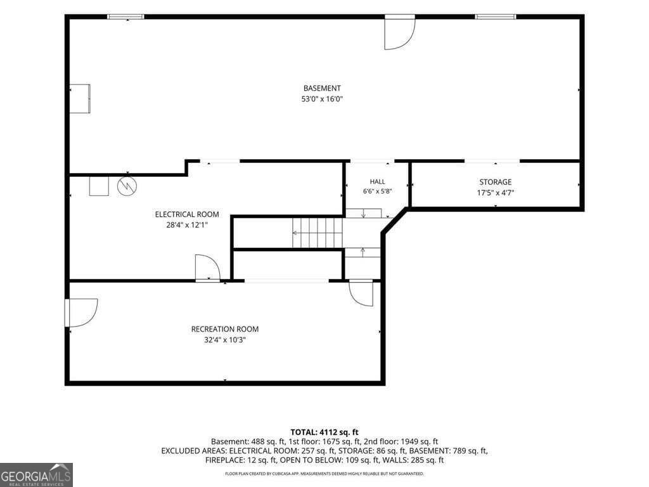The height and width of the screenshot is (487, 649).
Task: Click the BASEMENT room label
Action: coord(322,88)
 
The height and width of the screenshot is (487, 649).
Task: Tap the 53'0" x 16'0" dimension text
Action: coord(322,99)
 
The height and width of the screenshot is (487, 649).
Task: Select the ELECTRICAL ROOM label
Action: coord(187,214)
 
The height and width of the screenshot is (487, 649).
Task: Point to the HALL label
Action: coord(378,181)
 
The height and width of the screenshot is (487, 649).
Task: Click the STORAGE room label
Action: coord(496,182)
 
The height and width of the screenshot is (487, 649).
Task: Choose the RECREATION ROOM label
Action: coord(225,329)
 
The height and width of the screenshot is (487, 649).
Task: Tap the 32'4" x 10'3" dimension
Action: coord(225,340)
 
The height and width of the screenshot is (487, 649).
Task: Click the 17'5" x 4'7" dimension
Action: coord(496,193)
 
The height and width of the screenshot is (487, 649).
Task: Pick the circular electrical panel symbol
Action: coord(127,186)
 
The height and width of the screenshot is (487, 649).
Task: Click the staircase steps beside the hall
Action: coord(318,233)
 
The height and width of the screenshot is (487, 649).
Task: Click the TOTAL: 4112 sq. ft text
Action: coord(324,432)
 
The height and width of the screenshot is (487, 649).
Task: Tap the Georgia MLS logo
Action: coord(36,475)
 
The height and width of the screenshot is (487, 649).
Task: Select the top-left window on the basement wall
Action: coord(126,17)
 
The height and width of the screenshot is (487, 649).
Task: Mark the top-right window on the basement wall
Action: coord(496,17)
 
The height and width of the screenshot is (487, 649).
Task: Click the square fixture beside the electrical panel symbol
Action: coord(99,186)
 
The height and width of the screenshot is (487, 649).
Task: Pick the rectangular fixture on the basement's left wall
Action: coord(79,98)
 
